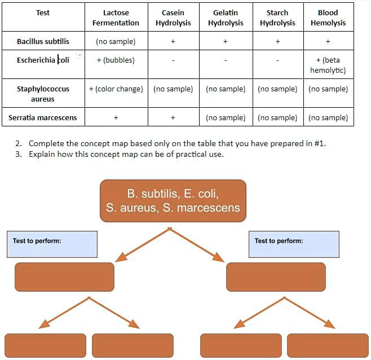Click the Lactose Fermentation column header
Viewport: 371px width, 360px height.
(116, 17)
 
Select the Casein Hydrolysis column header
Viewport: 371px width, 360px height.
(173, 17)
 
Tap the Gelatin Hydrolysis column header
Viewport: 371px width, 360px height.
(226, 17)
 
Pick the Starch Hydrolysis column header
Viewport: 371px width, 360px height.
(277, 17)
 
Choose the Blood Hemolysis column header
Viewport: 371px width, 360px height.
(328, 17)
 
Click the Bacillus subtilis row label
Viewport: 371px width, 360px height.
(43, 41)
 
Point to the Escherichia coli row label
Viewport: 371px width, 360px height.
(43, 60)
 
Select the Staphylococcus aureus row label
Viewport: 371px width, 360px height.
(43, 94)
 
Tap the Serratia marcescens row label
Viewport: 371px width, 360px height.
(43, 117)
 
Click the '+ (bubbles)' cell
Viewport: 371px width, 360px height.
(116, 60)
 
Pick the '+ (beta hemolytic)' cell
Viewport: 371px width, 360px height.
(328, 65)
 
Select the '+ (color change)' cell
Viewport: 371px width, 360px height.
(116, 89)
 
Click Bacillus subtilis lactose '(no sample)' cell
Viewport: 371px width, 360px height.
(116, 41)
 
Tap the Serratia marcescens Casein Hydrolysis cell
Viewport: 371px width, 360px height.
(173, 117)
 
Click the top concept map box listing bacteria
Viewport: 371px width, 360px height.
(173, 201)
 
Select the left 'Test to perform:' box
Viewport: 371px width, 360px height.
(52, 244)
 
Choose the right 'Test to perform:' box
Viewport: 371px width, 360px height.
(294, 244)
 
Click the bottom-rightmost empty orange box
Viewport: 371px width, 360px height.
(328, 345)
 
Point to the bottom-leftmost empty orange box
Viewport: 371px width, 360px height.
(45, 345)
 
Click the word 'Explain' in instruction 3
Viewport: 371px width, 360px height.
(42, 154)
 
